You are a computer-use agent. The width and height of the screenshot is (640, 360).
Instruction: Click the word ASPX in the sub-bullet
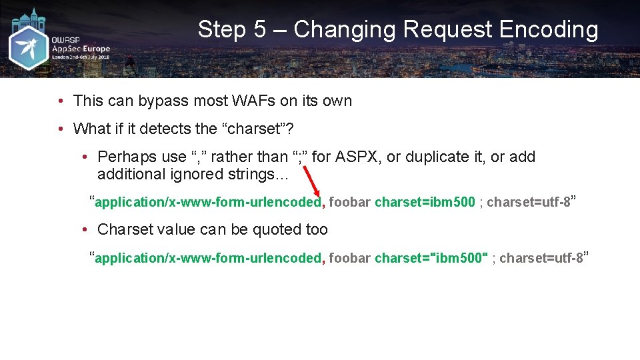pos(358,157)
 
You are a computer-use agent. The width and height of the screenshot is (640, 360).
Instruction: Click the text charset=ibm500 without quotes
pos(425,202)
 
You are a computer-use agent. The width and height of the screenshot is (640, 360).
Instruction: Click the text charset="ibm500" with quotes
pos(431,258)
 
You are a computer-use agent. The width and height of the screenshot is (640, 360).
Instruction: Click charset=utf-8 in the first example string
pos(528,202)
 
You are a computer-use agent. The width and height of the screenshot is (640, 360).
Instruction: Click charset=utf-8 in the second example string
pos(541,258)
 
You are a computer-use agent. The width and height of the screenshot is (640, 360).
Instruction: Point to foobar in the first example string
pos(349,202)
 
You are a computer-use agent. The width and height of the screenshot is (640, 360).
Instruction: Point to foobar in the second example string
pos(349,258)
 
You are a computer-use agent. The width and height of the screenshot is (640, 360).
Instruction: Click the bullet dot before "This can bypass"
pos(60,101)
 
